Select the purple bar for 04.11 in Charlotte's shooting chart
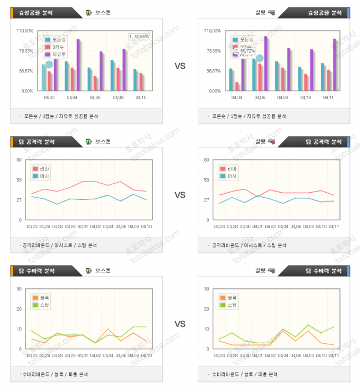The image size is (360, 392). click(335, 64)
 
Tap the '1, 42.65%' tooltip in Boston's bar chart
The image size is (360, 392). click(139, 37)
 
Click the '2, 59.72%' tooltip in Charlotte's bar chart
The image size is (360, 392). click(244, 50)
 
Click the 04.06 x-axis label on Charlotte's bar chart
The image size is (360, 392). click(260, 97)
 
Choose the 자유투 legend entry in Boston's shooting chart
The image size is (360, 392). click(59, 54)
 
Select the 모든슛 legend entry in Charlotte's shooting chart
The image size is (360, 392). click(246, 40)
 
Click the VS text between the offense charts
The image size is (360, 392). click(180, 195)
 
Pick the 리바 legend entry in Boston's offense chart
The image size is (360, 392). click(44, 169)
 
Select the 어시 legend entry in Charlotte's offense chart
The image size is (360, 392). click(232, 176)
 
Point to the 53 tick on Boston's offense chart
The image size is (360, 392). click(19, 180)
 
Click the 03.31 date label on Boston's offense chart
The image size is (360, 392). click(83, 226)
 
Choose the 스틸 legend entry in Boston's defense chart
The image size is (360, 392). click(44, 305)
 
